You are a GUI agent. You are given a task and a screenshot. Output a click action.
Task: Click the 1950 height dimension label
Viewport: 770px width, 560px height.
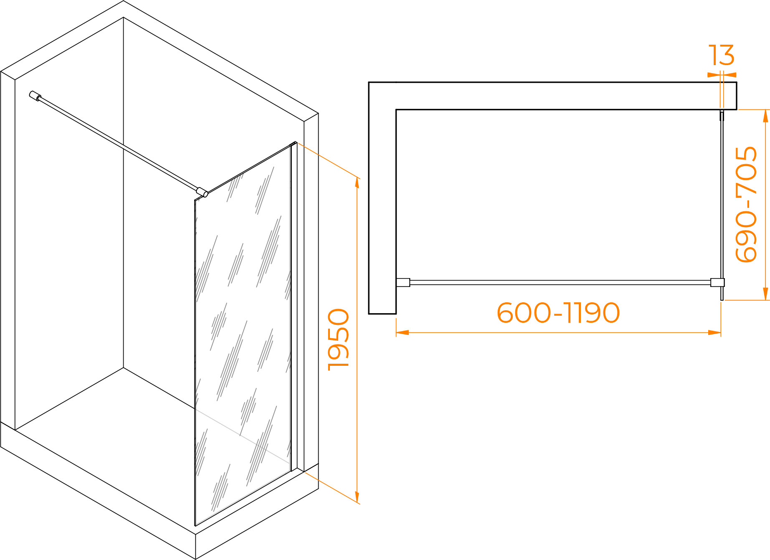coord(339,340)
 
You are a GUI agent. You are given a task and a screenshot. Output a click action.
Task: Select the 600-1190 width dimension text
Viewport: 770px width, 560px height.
coord(558,313)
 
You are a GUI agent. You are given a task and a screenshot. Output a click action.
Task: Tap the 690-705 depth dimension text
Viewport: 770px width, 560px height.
coord(746,204)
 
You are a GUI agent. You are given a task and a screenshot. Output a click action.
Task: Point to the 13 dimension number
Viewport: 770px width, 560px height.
coord(721,55)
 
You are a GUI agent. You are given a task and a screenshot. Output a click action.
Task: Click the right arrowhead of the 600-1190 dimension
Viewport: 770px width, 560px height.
coord(715,332)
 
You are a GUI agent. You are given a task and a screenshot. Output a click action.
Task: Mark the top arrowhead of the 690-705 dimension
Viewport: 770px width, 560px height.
coord(765,116)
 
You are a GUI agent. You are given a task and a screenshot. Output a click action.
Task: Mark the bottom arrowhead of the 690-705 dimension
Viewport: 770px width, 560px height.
coord(765,294)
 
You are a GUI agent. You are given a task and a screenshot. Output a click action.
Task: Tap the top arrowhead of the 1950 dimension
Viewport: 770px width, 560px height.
coord(357,184)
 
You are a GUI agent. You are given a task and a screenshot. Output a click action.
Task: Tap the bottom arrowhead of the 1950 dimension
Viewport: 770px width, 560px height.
coord(357,497)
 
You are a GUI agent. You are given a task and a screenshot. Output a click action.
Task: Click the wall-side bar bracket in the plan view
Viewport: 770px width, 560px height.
coord(403,282)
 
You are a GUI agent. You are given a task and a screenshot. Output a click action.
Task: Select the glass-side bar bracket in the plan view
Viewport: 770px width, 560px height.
coord(717,282)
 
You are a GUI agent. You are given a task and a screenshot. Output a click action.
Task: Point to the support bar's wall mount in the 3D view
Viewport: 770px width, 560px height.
coord(35,96)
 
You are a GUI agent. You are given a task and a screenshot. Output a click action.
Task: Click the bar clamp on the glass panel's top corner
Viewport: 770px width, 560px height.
coord(203,192)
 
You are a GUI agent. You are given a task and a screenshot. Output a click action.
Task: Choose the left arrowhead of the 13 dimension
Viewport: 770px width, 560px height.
coord(714,75)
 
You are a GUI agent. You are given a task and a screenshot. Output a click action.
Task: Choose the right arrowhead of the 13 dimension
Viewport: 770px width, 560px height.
coord(730,75)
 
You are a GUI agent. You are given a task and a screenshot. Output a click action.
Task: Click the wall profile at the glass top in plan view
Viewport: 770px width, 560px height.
coord(722,115)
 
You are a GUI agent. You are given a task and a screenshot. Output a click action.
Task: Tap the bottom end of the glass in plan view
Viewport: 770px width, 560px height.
coord(722,299)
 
